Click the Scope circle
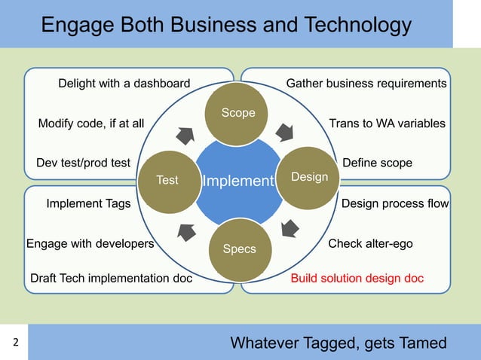(238, 113)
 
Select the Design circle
(309, 176)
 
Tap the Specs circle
(240, 249)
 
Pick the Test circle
(167, 180)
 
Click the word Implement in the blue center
(236, 182)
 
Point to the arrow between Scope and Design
(285, 133)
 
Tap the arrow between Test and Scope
(185, 136)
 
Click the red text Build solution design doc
(357, 279)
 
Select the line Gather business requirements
(366, 83)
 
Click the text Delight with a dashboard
(124, 83)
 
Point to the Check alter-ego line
(370, 244)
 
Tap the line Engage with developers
(90, 244)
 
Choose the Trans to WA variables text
(388, 123)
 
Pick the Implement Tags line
(88, 203)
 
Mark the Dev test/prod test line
(84, 163)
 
